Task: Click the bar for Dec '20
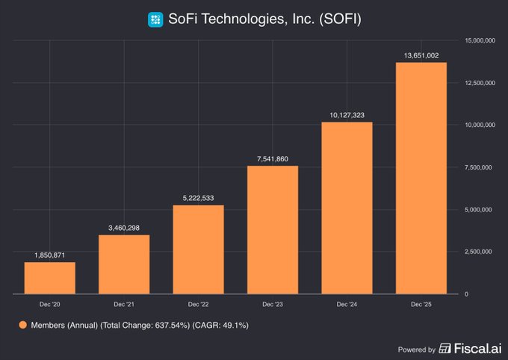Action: [49, 278]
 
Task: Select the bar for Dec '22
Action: [198, 249]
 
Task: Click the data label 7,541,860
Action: [273, 158]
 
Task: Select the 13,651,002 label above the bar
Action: [421, 55]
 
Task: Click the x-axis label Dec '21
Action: [124, 304]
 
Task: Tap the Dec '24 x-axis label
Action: [347, 304]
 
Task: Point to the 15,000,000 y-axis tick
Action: [478, 40]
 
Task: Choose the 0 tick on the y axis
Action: [466, 294]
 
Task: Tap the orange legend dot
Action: [22, 325]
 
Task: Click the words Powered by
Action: [416, 349]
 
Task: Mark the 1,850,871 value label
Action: [50, 254]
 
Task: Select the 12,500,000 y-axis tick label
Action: [478, 82]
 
